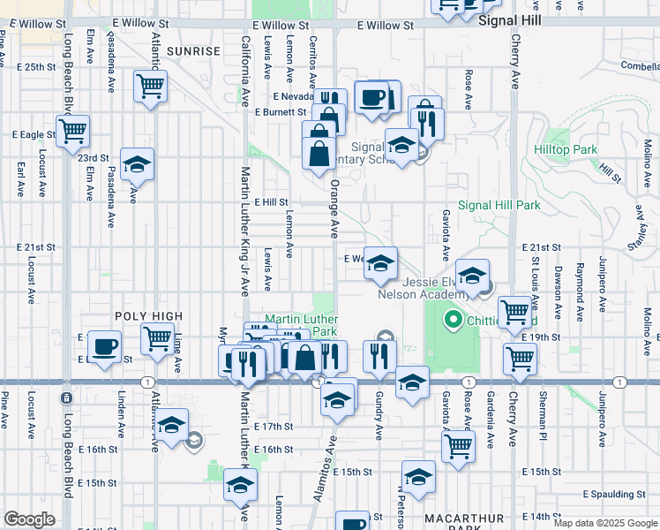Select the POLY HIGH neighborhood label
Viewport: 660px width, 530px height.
148,316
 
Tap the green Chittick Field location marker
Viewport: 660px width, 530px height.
454,319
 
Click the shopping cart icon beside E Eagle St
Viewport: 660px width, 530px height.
74,132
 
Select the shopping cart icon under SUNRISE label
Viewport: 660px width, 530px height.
151,87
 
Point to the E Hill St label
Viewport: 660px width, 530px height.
271,202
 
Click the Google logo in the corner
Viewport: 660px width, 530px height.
29,519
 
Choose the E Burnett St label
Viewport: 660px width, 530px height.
280,112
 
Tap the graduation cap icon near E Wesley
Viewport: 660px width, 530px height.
380,263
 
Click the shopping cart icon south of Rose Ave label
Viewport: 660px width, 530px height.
458,446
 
